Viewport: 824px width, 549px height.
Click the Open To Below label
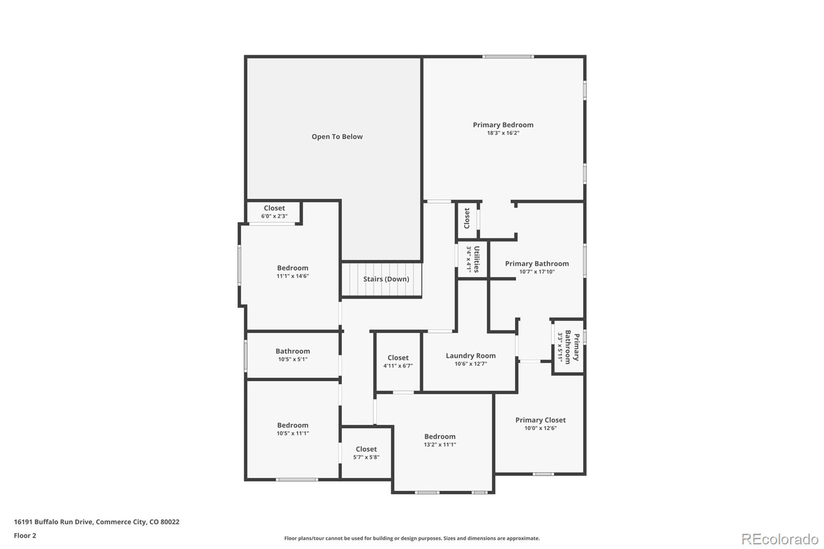(337, 136)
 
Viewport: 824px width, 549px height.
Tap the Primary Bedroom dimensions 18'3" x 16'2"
(503, 133)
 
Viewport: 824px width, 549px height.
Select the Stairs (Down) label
(386, 279)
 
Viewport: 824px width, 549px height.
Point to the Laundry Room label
(471, 356)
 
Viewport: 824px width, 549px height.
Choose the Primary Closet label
(540, 420)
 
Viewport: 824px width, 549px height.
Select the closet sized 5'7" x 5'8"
(366, 453)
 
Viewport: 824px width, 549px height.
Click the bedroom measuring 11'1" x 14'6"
(293, 271)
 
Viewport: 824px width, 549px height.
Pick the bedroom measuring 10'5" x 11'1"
(293, 429)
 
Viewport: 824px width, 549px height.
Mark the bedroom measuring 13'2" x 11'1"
(440, 440)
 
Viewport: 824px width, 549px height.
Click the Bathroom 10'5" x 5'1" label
(293, 355)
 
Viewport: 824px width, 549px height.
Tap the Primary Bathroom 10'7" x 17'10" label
(537, 267)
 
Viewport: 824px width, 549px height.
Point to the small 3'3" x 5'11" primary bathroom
(568, 346)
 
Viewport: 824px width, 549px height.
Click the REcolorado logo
(780, 539)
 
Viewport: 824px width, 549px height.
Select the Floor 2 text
(25, 536)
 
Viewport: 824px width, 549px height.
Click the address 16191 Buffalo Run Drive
(96, 522)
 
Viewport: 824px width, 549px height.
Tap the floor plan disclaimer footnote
(412, 538)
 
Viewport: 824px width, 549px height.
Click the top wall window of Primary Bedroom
(508, 57)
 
